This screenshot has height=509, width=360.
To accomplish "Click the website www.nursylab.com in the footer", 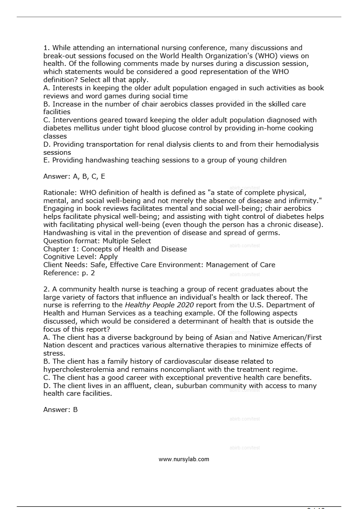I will [x=184, y=459].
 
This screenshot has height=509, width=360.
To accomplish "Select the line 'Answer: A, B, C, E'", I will [x=74, y=176].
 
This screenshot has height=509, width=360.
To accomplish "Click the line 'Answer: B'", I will [x=60, y=410].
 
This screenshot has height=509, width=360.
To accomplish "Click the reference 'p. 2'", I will [x=88, y=273].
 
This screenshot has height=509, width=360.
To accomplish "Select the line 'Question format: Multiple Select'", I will [x=97, y=241].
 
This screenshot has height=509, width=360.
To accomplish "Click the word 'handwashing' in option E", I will [x=106, y=160].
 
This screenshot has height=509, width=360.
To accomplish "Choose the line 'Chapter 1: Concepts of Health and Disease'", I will [x=115, y=249].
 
